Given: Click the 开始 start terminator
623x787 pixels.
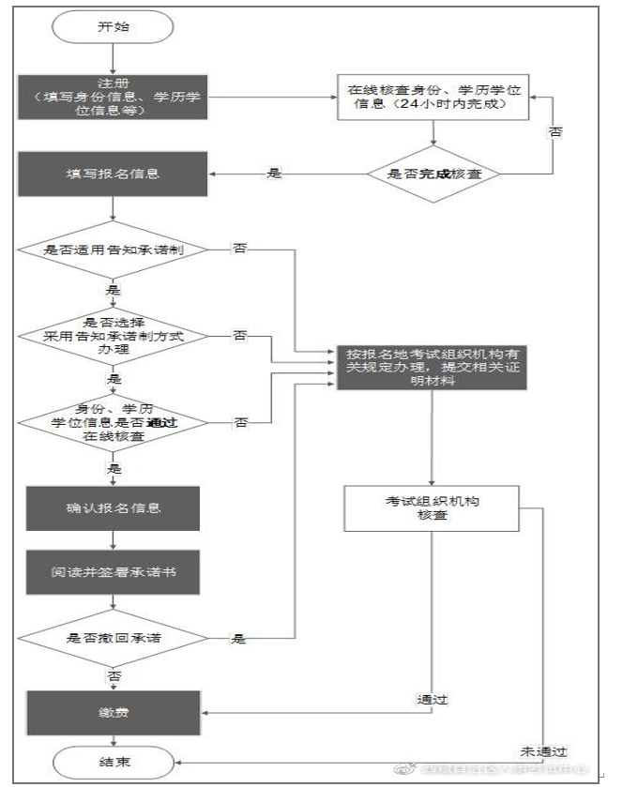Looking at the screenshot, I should coord(112,27).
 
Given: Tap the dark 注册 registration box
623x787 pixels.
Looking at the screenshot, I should coord(112,97).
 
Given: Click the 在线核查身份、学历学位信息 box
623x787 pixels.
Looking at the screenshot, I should coord(433,96).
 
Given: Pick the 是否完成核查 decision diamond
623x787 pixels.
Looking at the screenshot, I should coord(433,173).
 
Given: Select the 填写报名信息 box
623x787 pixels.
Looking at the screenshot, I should coord(112,173).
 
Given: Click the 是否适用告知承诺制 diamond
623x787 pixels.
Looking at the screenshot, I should coord(112,250).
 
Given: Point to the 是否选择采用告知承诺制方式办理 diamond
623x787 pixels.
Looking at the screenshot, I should coord(112,335).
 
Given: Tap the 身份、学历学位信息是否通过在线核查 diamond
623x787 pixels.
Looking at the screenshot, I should coord(112,422).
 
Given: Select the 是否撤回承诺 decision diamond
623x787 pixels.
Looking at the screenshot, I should coord(112,638).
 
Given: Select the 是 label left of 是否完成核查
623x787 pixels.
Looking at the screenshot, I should coord(274,173).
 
